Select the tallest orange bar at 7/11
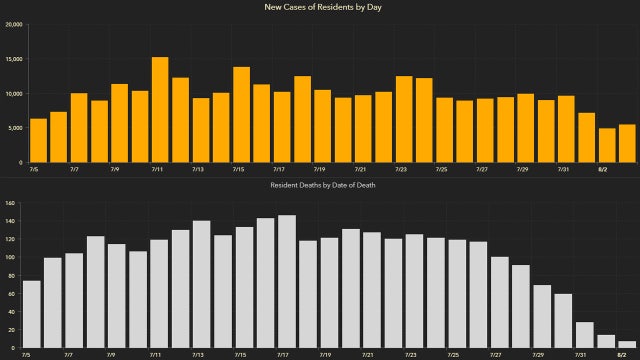coord(160,110)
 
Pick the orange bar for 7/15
coord(241,115)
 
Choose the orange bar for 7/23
coord(404,119)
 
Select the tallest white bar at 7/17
coord(287,281)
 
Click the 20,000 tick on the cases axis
coord(14,25)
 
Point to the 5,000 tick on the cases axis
coord(16,128)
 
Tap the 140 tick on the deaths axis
coord(10,204)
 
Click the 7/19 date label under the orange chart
coord(318,170)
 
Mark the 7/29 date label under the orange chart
coord(522,170)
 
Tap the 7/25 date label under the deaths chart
coord(453,354)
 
